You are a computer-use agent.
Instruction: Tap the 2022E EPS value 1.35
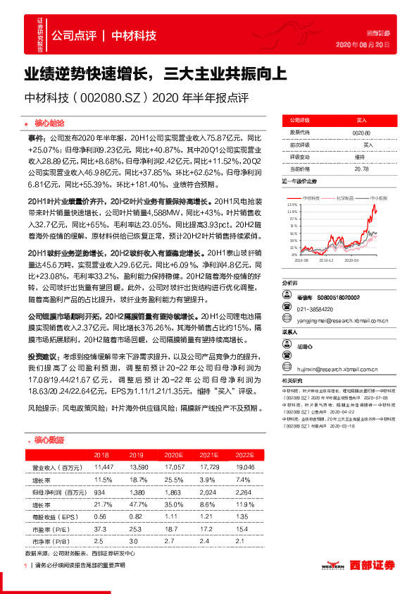242,517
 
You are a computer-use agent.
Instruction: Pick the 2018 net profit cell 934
100,492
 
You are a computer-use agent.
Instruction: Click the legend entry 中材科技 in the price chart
311,199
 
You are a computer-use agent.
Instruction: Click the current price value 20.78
361,169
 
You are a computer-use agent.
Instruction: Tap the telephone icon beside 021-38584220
289,309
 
